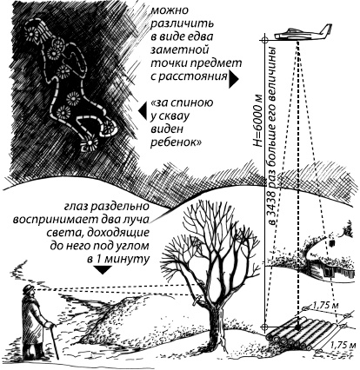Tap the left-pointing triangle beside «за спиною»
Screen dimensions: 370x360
(141, 111)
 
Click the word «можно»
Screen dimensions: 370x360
(174, 11)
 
